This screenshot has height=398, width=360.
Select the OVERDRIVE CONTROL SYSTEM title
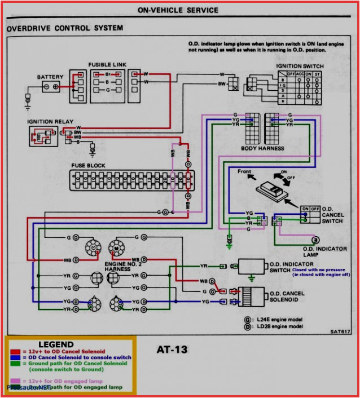click(65, 28)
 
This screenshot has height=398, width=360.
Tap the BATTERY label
click(50, 77)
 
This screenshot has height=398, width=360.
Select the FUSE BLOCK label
click(88, 166)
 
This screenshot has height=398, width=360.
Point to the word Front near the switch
click(244, 171)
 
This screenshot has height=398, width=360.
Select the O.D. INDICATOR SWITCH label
click(288, 266)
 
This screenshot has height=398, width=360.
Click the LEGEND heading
click(56, 344)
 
